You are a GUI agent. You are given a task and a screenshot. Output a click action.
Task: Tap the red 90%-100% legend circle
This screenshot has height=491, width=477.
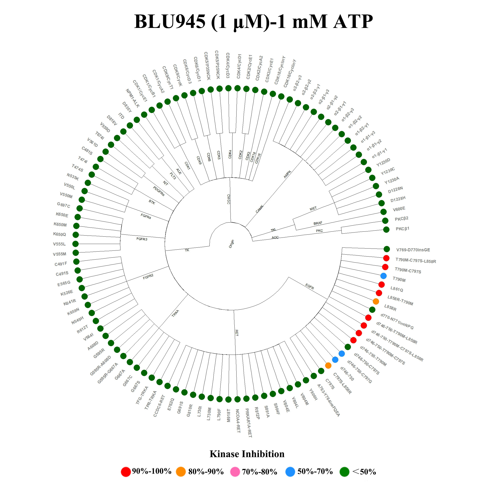point(126,472)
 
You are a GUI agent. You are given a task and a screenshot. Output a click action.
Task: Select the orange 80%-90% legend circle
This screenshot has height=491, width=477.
point(181,472)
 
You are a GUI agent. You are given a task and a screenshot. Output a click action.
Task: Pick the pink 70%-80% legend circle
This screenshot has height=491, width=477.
point(235,472)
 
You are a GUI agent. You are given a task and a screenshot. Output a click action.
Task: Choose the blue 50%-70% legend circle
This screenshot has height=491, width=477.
point(290,472)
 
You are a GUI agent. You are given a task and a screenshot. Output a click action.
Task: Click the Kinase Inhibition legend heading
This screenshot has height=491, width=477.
point(247,454)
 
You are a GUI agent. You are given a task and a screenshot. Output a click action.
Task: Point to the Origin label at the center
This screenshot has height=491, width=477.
point(231,244)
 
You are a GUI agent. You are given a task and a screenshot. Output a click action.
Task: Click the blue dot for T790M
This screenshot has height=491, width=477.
point(383,276)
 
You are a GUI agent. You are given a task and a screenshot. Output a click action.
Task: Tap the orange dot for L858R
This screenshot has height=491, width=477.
point(376,301)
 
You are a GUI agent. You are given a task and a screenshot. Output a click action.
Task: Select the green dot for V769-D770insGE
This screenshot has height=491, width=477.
point(386,249)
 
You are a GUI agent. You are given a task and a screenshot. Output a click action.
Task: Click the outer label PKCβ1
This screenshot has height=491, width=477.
point(402,229)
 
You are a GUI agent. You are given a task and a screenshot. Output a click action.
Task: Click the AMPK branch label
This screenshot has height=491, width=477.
point(287,174)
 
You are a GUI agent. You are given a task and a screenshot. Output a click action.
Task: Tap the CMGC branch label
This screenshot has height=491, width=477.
point(228,199)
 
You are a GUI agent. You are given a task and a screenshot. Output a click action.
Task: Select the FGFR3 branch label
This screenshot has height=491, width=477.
point(142,239)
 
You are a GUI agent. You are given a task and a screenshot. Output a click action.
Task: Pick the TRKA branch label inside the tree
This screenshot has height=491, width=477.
point(175,313)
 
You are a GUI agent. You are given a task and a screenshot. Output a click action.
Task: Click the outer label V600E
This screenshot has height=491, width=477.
point(399,209)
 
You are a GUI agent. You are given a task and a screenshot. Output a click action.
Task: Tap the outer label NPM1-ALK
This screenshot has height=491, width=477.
point(133,98)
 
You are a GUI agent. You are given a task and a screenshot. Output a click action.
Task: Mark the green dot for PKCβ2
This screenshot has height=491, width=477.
point(385,220)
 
